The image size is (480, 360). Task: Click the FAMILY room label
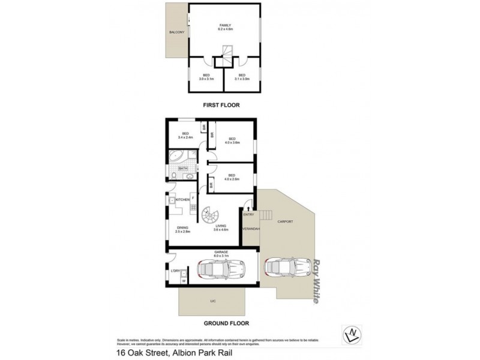[x=225, y=25]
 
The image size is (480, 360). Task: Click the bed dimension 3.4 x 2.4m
[x=185, y=137]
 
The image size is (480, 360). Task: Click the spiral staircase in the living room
[x=211, y=215]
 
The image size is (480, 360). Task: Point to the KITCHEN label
[x=182, y=199]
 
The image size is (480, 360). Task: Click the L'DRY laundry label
[x=175, y=271]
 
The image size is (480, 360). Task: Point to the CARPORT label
[x=286, y=221]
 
